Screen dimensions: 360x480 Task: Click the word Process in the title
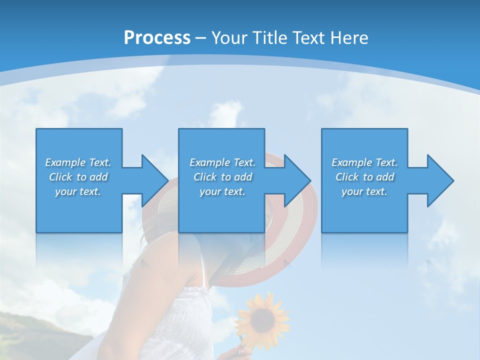pos(157,38)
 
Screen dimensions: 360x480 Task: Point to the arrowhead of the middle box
pos(296,180)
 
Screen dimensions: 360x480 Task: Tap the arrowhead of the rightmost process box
pos(439,180)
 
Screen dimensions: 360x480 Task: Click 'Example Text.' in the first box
pos(78,162)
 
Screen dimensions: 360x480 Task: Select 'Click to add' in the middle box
pos(222,177)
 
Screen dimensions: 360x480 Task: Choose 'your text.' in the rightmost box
pos(364,191)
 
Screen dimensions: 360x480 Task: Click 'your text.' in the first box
pos(78,191)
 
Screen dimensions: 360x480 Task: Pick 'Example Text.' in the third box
pos(364,162)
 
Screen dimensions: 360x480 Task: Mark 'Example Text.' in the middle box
pos(222,162)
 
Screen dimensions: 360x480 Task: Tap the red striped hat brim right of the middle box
pos(300,225)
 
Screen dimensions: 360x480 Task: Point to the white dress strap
pos(202,260)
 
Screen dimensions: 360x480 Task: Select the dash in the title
pos(201,38)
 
